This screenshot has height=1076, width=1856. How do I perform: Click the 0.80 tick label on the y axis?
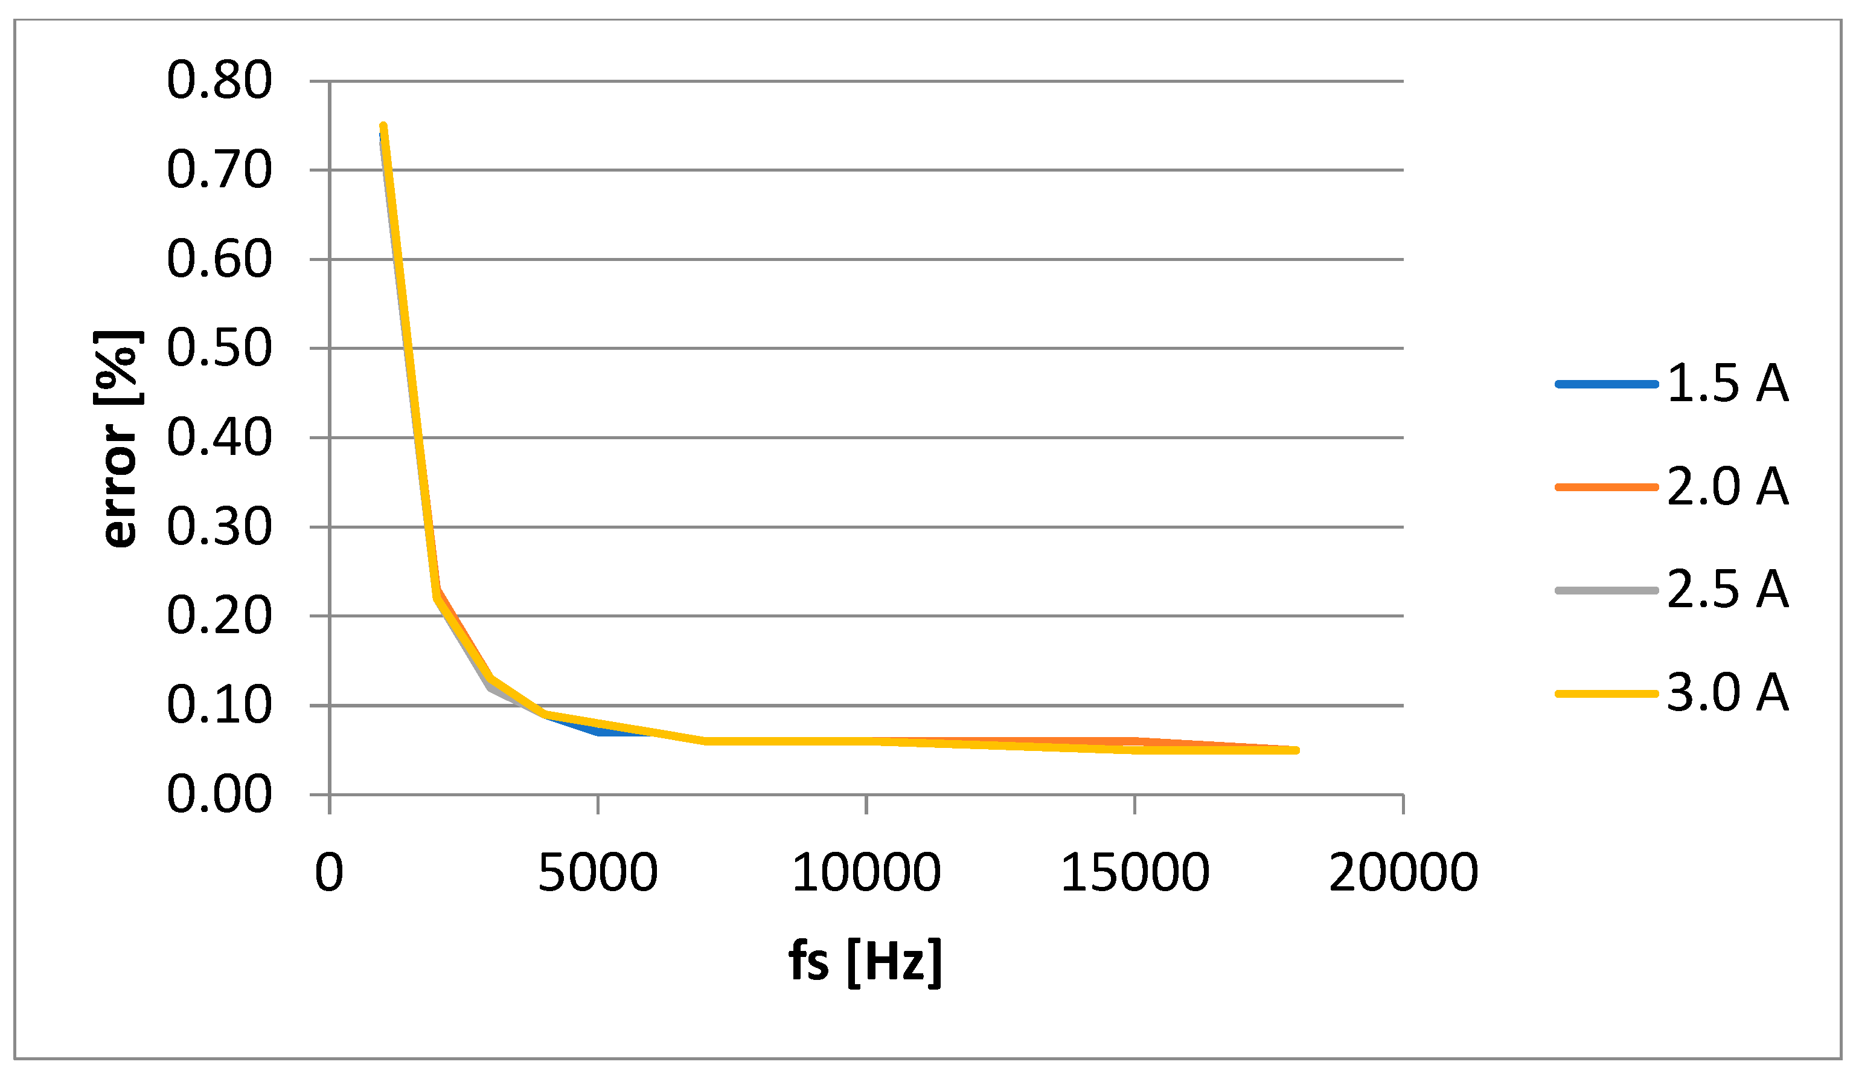[220, 80]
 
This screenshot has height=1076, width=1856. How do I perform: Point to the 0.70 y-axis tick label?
[220, 170]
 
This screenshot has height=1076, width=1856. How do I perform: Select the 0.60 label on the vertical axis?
[220, 259]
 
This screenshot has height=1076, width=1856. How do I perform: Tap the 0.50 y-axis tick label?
[220, 348]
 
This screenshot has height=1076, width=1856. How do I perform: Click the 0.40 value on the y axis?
[220, 438]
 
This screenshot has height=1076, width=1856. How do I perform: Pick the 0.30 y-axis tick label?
[220, 527]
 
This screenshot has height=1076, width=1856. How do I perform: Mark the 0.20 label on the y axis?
[220, 616]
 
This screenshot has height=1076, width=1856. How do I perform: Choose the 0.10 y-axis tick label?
[220, 705]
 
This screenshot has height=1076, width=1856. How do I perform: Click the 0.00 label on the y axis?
[220, 794]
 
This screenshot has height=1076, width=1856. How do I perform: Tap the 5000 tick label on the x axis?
[597, 872]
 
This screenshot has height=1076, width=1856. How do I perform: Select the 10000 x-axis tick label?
[866, 872]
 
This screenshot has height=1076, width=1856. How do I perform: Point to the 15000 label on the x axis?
[1135, 872]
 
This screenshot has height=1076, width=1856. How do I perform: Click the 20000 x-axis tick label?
[1404, 872]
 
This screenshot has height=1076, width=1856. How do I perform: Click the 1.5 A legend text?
[1728, 384]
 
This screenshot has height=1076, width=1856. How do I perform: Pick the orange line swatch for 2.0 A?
[1606, 487]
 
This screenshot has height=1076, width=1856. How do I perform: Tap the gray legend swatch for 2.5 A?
[1606, 590]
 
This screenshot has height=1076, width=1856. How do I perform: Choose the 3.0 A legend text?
[1728, 693]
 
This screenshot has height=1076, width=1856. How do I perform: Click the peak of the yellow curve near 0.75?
[383, 127]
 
